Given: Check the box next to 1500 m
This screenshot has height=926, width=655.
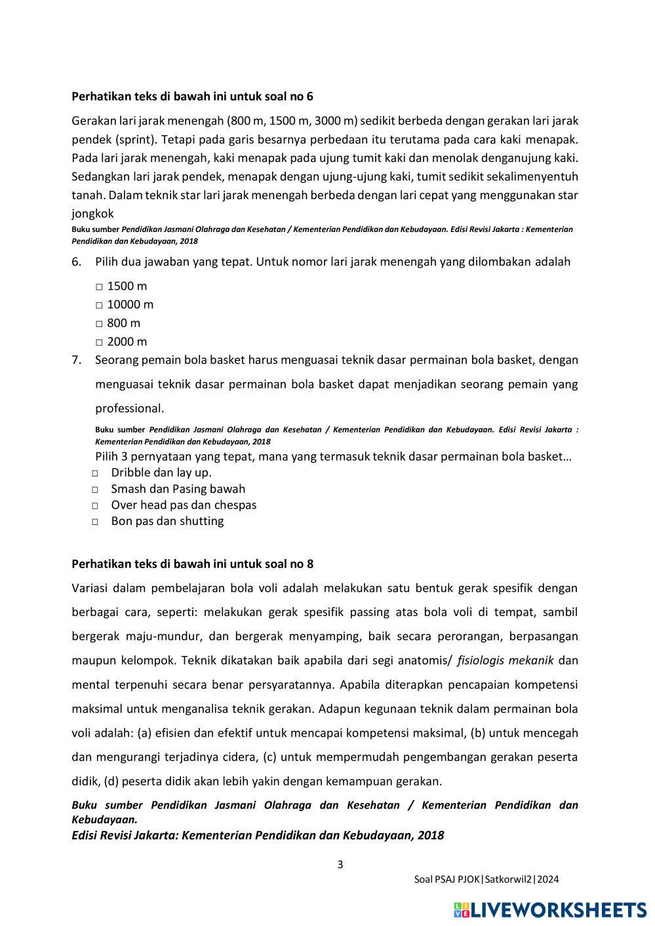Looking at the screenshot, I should (x=99, y=286).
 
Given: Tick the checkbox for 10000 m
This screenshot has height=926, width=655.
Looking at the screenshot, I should (x=99, y=305).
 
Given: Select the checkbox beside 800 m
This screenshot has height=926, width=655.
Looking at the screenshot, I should (x=99, y=323).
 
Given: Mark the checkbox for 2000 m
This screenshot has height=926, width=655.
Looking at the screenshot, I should (x=99, y=341).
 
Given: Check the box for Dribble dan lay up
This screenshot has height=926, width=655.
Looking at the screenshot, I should (x=95, y=473).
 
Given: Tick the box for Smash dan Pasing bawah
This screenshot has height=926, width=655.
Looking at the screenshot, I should (x=95, y=490).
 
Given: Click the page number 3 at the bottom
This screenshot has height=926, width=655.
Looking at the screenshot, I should (x=340, y=864).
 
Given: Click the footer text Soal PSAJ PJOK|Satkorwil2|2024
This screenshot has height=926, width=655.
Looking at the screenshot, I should (x=486, y=879).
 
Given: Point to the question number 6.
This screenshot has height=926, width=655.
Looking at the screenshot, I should (x=76, y=261).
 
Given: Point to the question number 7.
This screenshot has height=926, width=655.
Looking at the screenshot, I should (x=76, y=360).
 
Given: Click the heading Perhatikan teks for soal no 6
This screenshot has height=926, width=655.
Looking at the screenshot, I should (x=192, y=96).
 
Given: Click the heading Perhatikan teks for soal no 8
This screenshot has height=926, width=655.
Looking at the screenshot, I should (x=192, y=564).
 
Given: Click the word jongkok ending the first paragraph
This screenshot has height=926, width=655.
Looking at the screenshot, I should (x=92, y=214).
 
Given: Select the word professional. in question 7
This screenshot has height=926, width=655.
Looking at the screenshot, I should (x=130, y=408).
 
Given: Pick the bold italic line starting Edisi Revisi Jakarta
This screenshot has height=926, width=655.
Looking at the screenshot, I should (x=258, y=835).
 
